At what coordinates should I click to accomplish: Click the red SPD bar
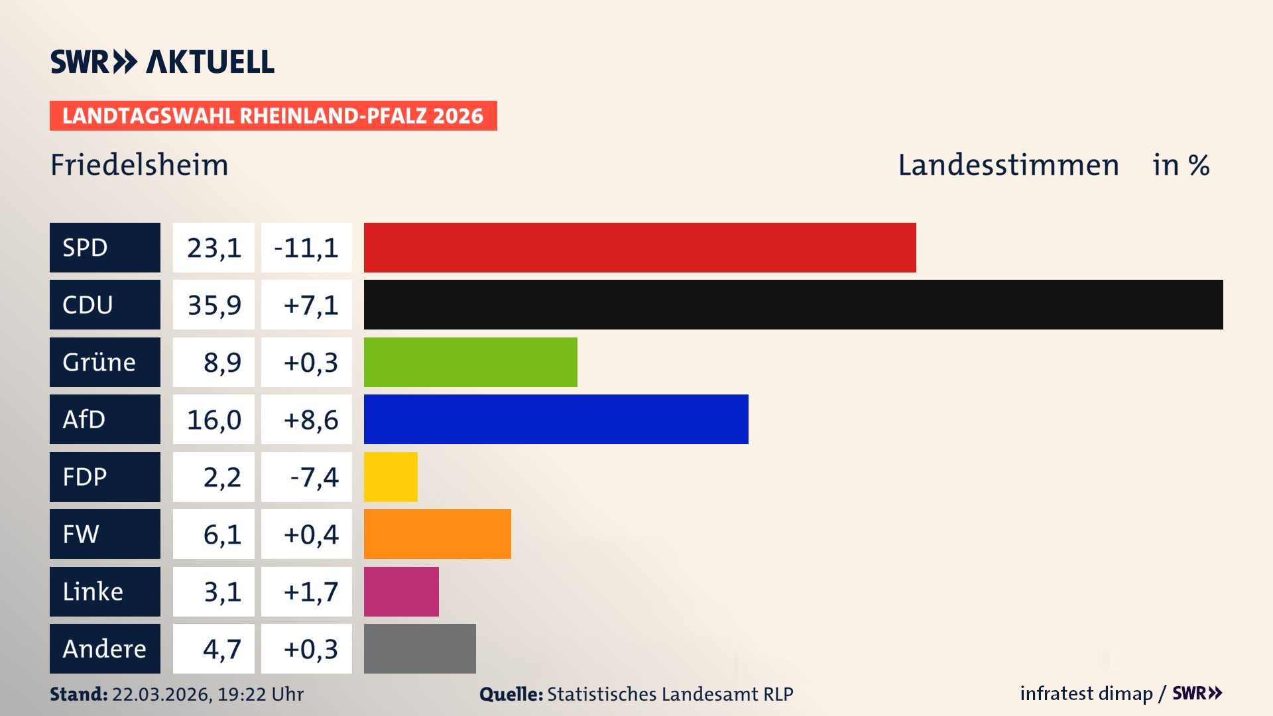pyautogui.click(x=640, y=247)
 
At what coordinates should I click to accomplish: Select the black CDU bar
pyautogui.click(x=793, y=305)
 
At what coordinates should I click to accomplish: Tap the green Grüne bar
pyautogui.click(x=470, y=362)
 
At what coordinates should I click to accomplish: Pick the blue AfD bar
pyautogui.click(x=556, y=419)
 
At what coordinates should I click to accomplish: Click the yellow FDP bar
pyautogui.click(x=391, y=477)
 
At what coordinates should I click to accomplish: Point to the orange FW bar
pyautogui.click(x=437, y=534)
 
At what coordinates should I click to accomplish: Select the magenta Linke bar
pyautogui.click(x=401, y=591)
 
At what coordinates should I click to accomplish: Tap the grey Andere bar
pyautogui.click(x=420, y=648)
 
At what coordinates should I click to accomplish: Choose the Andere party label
pyautogui.click(x=105, y=648)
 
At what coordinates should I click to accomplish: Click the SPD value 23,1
pyautogui.click(x=213, y=248)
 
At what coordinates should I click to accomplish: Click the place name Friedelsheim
pyautogui.click(x=139, y=165)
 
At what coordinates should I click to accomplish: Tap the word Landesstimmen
pyautogui.click(x=1008, y=165)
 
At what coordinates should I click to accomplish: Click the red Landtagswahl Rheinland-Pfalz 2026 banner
pyautogui.click(x=273, y=116)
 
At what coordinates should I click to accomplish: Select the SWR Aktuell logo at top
pyautogui.click(x=162, y=62)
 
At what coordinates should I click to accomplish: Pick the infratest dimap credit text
pyautogui.click(x=1086, y=693)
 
